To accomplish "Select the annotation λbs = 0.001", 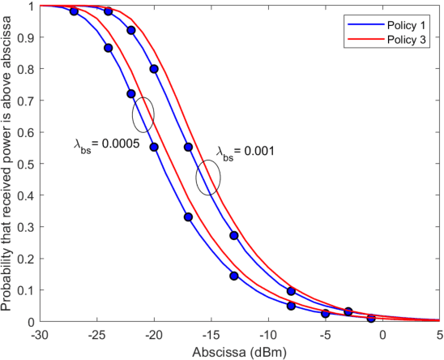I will pyautogui.click(x=247, y=152).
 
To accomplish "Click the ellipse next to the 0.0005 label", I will pyautogui.click(x=143, y=114).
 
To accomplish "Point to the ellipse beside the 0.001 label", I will pyautogui.click(x=208, y=178).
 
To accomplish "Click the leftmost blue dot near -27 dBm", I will pyautogui.click(x=75, y=12).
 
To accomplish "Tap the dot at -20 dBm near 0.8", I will pyautogui.click(x=154, y=69).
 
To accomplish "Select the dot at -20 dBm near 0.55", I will pyautogui.click(x=154, y=147).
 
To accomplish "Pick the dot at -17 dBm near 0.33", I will pyautogui.click(x=188, y=217).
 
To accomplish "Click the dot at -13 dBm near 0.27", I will pyautogui.click(x=234, y=236).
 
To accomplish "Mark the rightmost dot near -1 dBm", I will pyautogui.click(x=371, y=319).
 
